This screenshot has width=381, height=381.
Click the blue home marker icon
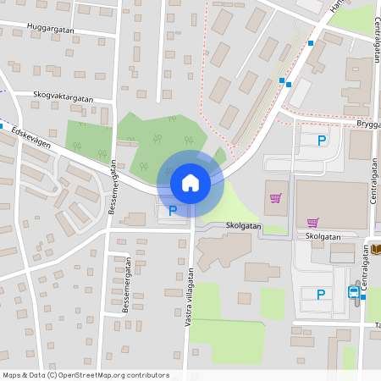190,182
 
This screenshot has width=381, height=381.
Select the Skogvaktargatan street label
63,97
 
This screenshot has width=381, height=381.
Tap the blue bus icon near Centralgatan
353,292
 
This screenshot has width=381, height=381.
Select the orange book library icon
375,248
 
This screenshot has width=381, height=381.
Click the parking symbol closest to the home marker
173,211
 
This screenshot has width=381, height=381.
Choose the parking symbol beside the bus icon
320,295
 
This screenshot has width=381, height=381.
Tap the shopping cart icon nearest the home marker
275,198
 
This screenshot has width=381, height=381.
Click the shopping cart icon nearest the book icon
312,223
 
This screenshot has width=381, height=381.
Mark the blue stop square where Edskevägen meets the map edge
2,126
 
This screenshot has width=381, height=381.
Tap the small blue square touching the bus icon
362,296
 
